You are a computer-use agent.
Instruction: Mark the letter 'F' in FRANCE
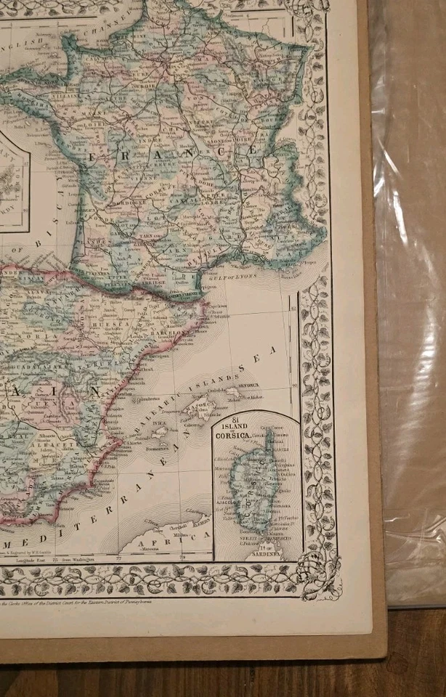coord(92,155)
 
